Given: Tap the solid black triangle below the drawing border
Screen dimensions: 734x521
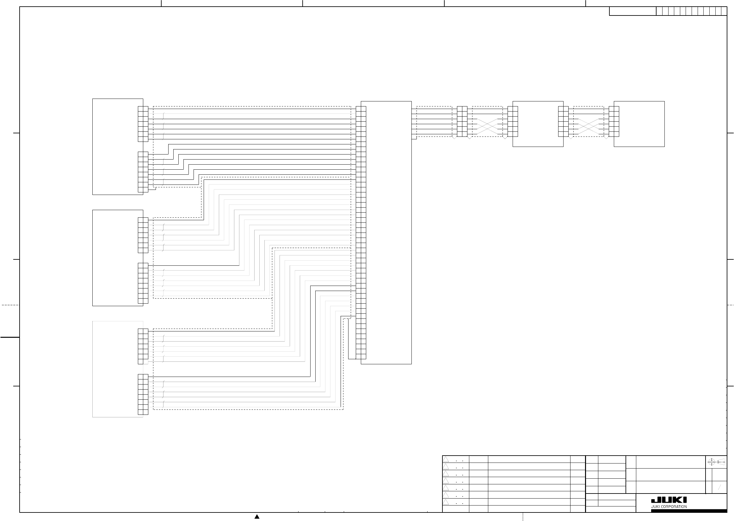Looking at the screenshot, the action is click(257, 517).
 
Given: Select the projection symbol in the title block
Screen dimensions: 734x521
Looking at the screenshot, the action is click(717, 462).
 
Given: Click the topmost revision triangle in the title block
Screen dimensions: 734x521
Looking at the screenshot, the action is click(446, 459).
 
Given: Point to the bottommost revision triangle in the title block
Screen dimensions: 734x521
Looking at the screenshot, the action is click(446, 502).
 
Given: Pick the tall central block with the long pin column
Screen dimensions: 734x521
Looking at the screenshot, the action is click(386, 233).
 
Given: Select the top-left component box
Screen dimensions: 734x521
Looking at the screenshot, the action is click(118, 147).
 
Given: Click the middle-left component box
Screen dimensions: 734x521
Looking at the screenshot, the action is click(118, 258).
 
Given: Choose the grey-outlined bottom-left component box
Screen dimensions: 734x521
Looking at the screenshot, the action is click(118, 369).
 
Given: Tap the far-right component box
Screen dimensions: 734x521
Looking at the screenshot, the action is click(639, 124).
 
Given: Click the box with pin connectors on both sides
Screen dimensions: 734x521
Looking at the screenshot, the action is click(538, 124).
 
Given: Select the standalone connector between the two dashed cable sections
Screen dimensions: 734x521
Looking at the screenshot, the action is click(462, 121).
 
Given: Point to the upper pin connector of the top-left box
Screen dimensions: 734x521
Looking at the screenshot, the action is click(143, 124).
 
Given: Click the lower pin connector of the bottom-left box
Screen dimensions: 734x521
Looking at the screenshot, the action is click(143, 394).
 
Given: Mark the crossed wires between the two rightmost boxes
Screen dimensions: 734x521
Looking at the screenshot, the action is click(589, 126).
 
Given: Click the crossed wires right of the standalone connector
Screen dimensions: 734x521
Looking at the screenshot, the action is click(487, 126).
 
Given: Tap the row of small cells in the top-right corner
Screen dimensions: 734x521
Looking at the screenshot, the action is click(691, 11).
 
